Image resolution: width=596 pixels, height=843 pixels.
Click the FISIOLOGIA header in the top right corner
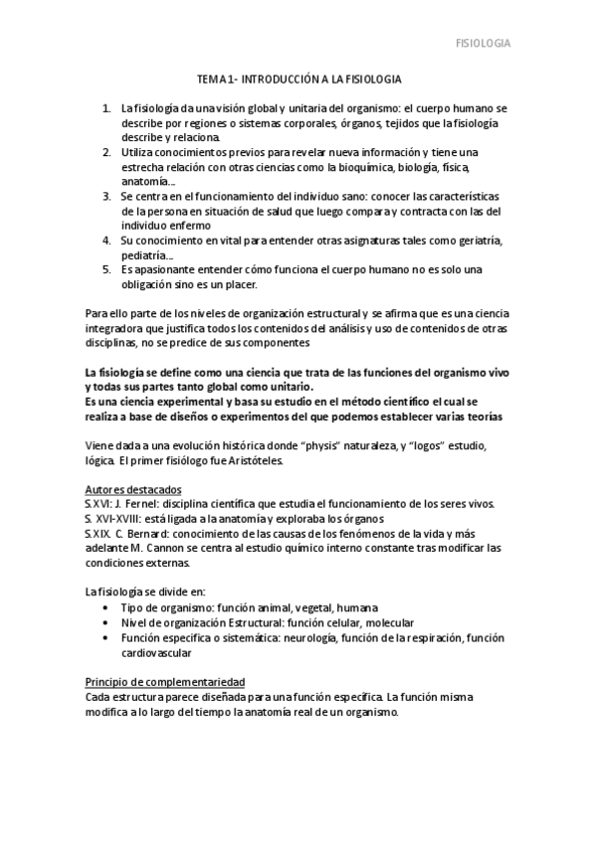483,43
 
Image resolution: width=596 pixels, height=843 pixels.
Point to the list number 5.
105,270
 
